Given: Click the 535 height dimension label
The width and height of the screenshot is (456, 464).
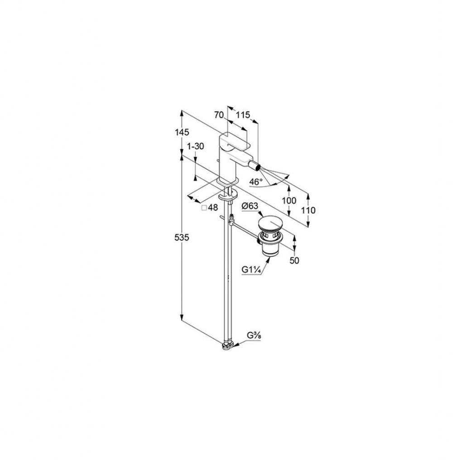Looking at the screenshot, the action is tap(182, 237).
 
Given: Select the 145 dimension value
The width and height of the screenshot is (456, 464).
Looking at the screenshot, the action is tap(182, 132).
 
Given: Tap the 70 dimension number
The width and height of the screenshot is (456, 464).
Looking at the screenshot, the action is tap(219, 115).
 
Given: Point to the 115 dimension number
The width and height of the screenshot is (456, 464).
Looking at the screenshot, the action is tap(243, 115).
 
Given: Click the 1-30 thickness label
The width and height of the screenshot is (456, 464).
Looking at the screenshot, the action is tap(196, 146).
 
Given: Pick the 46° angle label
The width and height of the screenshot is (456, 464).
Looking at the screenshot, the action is tap(256, 182).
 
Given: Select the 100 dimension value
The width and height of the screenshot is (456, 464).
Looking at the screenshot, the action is tap(289, 201).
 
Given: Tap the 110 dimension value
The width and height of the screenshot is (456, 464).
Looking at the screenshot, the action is tap(308, 210).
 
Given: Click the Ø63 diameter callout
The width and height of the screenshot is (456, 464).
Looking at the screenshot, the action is tap(250, 206).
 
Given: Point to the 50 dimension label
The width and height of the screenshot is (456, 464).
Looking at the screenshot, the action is tap(294, 261).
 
